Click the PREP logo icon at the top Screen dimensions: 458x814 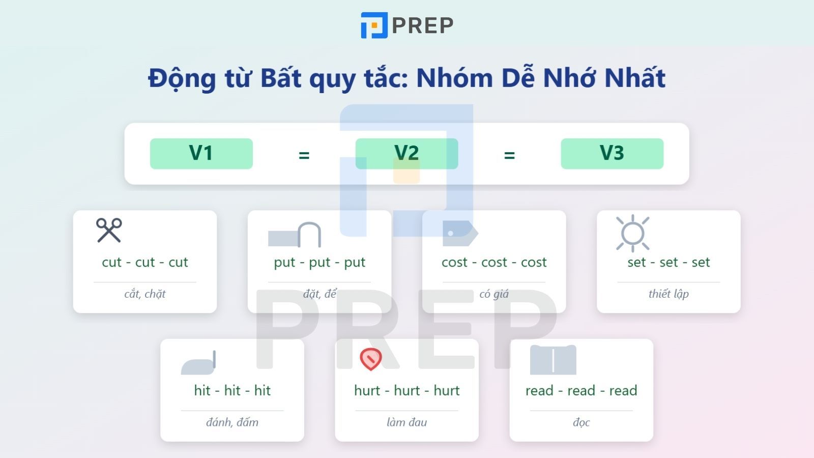[374, 25]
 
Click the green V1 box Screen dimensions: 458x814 [201, 153]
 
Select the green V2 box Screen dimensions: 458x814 [406, 153]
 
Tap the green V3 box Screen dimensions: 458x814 [612, 153]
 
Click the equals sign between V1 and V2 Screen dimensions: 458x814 [304, 155]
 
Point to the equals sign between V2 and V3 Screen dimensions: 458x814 [509, 155]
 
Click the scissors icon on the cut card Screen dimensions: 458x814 [109, 230]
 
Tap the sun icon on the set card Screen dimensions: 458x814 [632, 234]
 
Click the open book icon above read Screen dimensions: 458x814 [553, 360]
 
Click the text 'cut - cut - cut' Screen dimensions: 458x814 [145, 262]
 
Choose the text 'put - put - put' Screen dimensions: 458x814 [319, 262]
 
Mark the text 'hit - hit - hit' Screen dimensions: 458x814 [232, 390]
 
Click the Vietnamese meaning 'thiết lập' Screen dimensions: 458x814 [668, 294]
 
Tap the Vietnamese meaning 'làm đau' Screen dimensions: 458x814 [406, 422]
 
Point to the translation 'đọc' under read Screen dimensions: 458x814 [581, 422]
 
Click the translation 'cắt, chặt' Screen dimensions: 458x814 [145, 294]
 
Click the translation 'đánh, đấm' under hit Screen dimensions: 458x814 [232, 422]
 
